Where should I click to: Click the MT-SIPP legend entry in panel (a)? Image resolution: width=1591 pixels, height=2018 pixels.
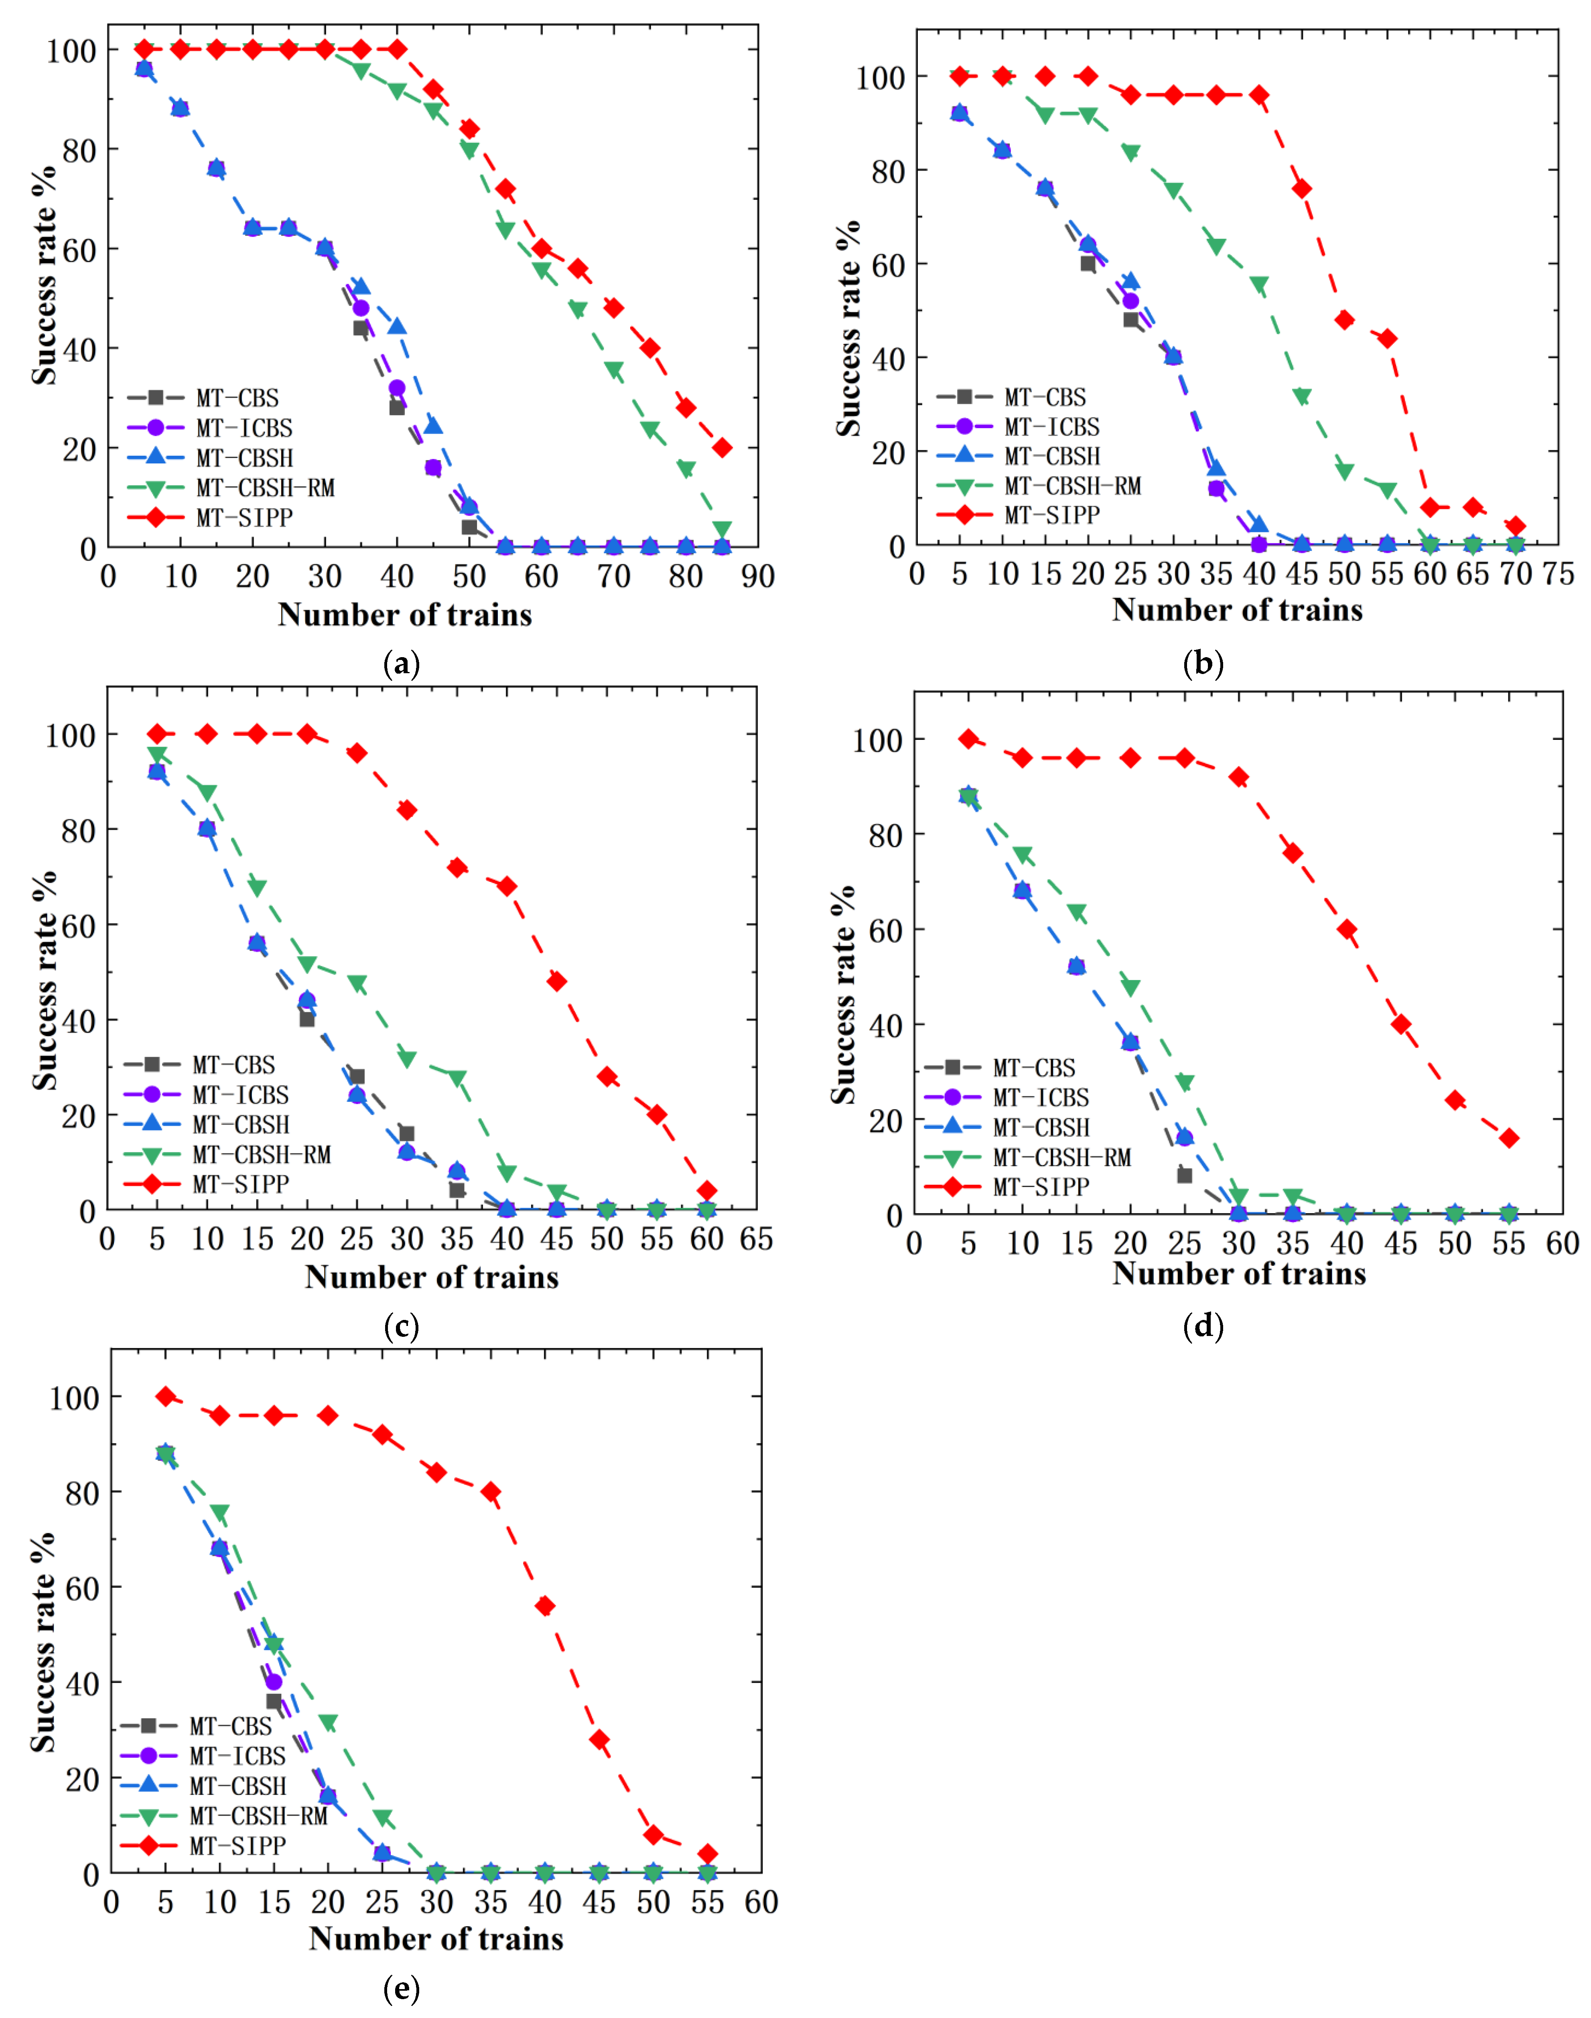click(x=244, y=517)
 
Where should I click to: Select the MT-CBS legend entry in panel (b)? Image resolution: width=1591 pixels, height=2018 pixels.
click(x=1044, y=397)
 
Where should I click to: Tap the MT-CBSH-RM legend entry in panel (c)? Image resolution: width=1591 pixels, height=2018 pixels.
click(x=261, y=1154)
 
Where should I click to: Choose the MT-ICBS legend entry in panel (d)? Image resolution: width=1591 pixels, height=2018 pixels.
click(x=1041, y=1098)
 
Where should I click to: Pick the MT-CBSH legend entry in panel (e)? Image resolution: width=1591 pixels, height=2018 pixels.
click(x=237, y=1786)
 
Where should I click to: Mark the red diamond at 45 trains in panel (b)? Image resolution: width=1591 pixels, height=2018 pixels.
click(x=1301, y=189)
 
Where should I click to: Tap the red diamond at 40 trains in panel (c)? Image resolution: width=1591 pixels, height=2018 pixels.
click(x=507, y=886)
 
